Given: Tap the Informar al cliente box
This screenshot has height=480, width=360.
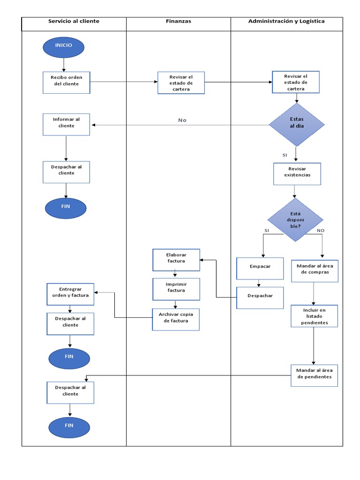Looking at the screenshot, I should [x=66, y=124].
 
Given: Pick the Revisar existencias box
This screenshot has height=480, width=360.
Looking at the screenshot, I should [x=297, y=173].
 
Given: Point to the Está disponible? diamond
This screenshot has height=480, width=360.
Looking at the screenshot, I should [x=295, y=220].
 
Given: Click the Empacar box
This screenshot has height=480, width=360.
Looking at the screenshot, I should [x=260, y=269].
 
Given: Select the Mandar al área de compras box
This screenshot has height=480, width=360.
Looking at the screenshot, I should [x=315, y=270].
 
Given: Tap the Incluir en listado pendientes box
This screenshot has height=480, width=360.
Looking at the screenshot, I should [x=315, y=316].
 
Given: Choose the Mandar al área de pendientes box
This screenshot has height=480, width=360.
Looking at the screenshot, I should [x=314, y=375].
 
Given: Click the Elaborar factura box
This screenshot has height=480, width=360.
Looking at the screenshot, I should [x=176, y=260].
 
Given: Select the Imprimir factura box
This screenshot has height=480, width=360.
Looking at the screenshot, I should [x=176, y=289].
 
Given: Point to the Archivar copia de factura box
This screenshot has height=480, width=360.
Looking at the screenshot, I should [x=176, y=319].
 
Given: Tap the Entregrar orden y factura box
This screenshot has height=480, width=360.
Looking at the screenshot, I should [x=70, y=294].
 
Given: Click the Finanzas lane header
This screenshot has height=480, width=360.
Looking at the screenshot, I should [x=179, y=22].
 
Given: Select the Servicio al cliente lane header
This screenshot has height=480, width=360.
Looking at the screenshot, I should [x=74, y=22].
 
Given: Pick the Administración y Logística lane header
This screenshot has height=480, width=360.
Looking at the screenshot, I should [x=286, y=22].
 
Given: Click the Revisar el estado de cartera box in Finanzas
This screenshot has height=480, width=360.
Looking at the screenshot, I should [x=181, y=83].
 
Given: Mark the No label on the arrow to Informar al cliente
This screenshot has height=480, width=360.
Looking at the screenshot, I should [x=182, y=120].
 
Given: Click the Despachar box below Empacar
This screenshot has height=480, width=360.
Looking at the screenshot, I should [x=260, y=297].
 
